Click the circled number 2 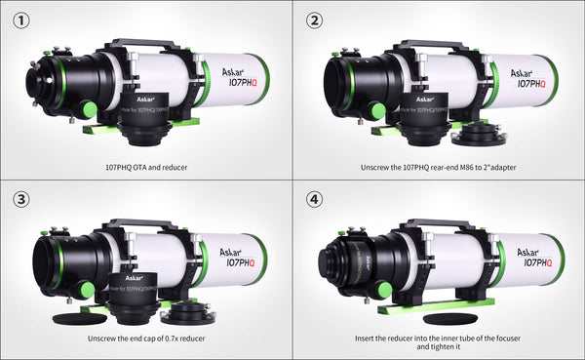pyautogui.click(x=313, y=20)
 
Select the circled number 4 pyautogui.click(x=313, y=199)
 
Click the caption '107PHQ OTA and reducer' pyautogui.click(x=145, y=167)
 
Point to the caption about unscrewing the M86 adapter pyautogui.click(x=437, y=167)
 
